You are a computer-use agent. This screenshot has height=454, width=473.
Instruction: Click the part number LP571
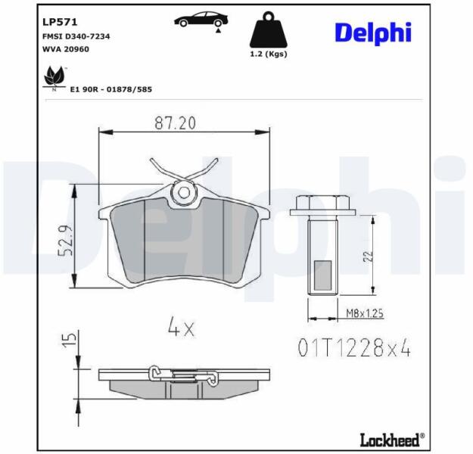[x=60, y=22]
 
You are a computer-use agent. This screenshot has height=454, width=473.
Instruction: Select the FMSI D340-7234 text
[x=76, y=36]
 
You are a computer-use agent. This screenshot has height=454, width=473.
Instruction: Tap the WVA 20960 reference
[x=66, y=49]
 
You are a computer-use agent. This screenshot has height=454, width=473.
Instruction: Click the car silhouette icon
[x=201, y=21]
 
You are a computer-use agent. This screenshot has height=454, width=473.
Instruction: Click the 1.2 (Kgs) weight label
[x=268, y=54]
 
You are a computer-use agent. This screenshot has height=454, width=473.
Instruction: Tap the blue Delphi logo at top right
[x=373, y=33]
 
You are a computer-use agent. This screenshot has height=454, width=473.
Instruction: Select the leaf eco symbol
[x=54, y=78]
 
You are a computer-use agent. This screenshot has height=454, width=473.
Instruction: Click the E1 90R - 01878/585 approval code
[x=111, y=89]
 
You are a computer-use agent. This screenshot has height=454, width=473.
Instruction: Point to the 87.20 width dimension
[x=176, y=123]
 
